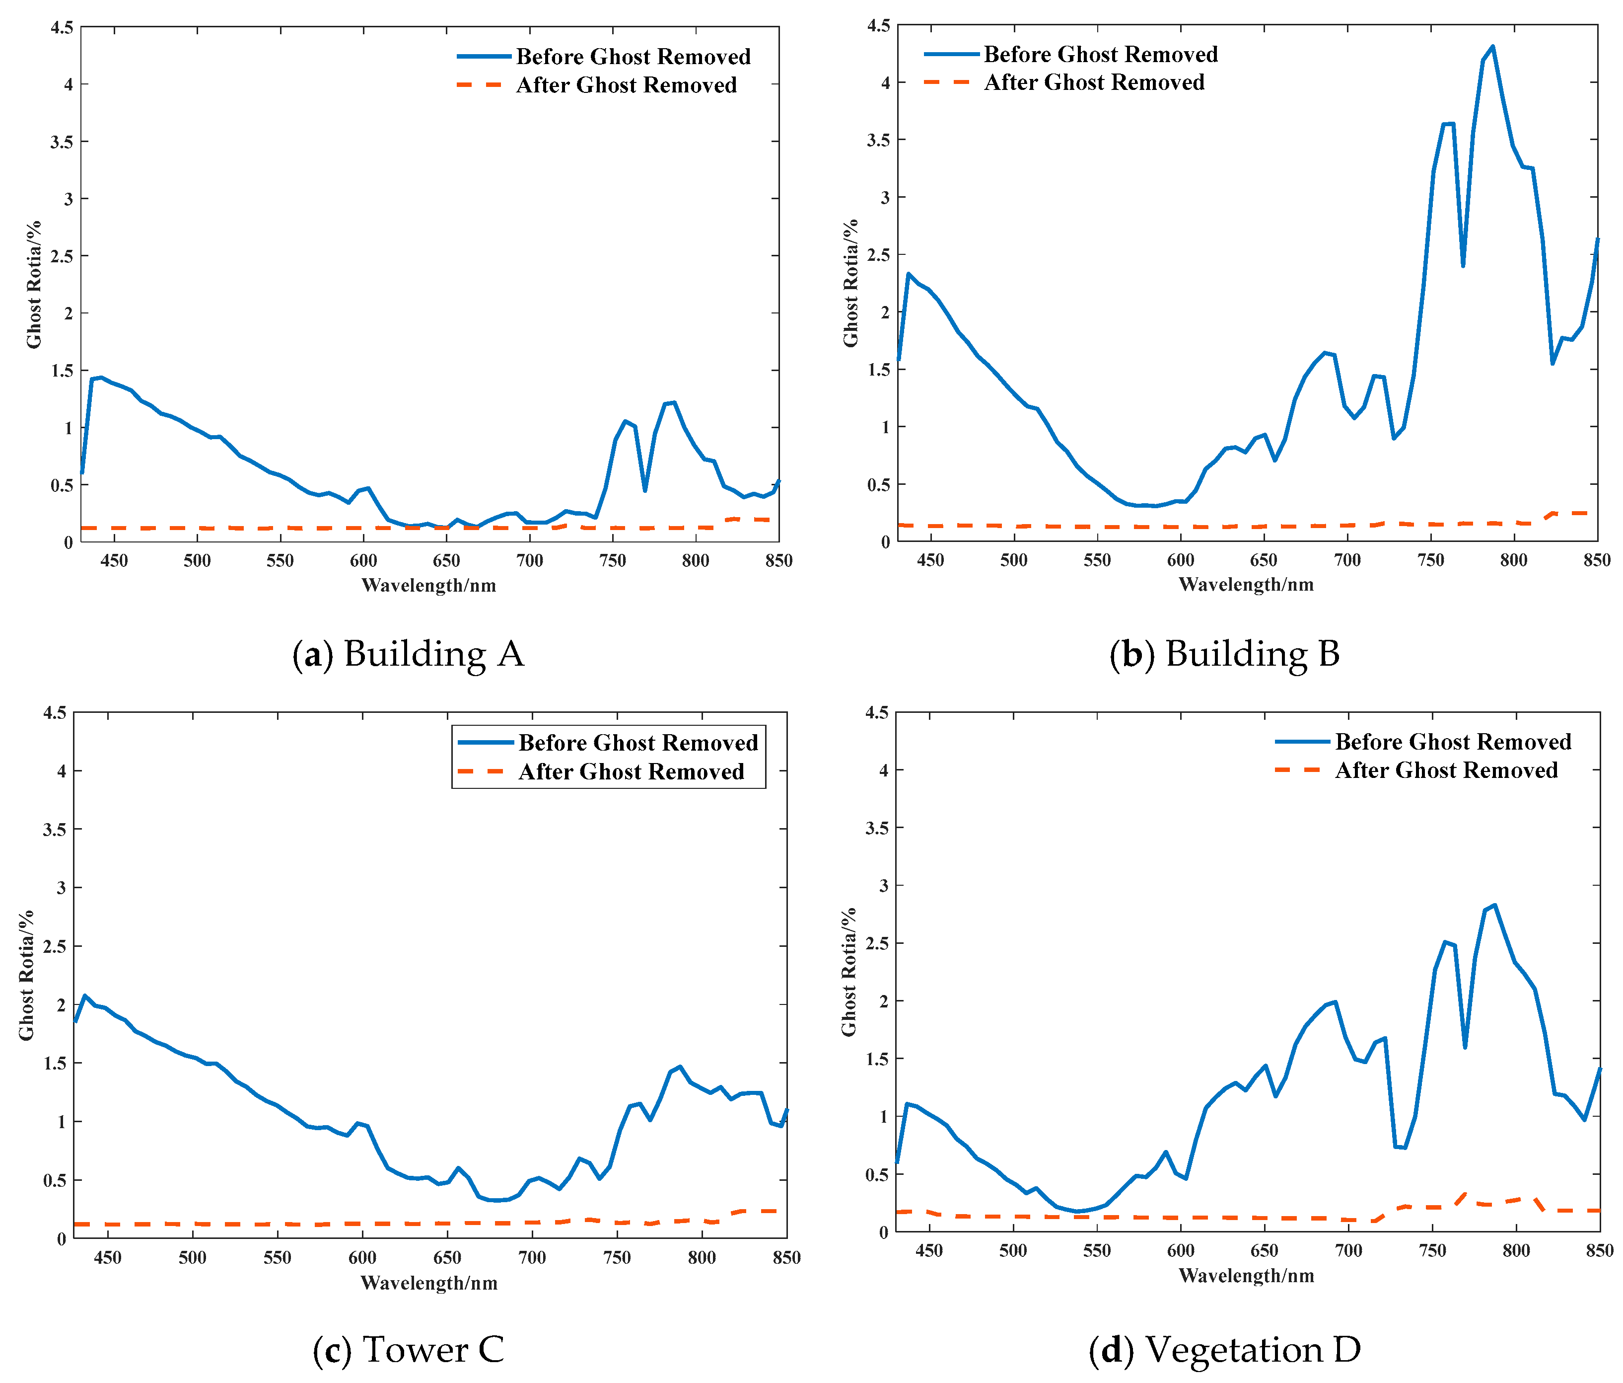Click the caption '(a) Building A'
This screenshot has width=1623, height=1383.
coord(407,653)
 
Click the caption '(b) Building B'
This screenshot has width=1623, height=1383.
coord(1224,653)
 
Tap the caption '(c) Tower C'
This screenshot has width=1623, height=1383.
coord(408,1349)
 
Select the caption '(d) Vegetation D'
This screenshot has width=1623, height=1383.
coord(1224,1349)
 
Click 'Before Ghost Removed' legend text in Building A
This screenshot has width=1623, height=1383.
coord(633,57)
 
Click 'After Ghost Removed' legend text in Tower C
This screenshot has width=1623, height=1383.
coord(631,772)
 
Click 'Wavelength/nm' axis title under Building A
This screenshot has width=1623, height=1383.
coord(428,585)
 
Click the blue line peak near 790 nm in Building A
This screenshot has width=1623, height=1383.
coord(674,403)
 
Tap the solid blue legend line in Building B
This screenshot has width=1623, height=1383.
coord(951,54)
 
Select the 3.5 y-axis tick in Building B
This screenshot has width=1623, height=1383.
coord(879,140)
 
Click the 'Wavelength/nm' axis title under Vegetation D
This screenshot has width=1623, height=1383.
coord(1246,1276)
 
